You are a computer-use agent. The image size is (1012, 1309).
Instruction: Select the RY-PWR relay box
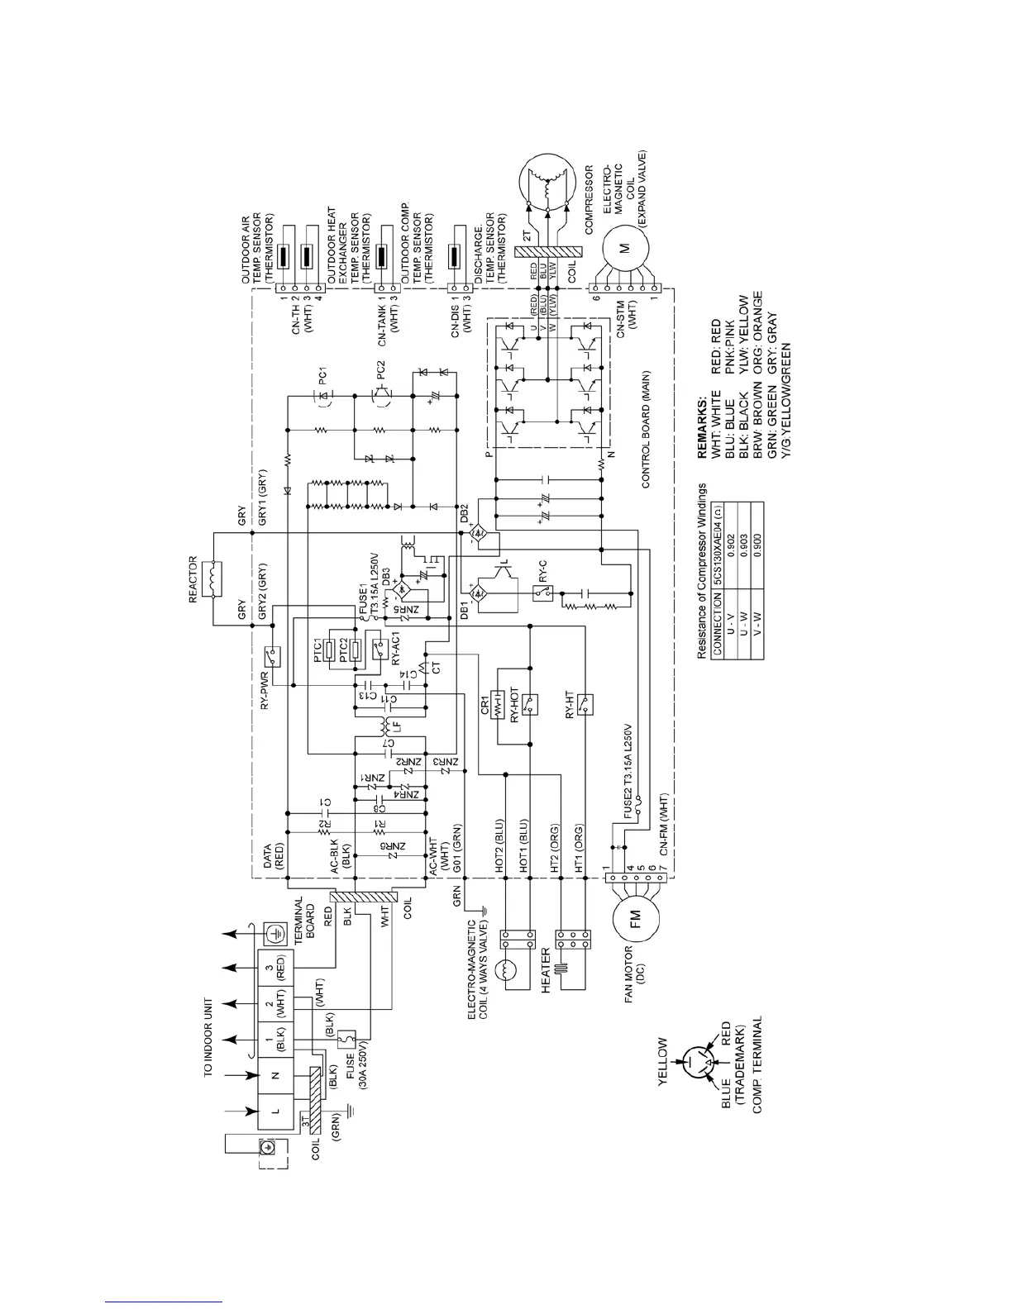pos(270,657)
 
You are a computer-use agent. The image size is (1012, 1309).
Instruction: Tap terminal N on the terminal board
pos(275,1075)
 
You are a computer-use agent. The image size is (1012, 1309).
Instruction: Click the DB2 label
pos(465,510)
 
